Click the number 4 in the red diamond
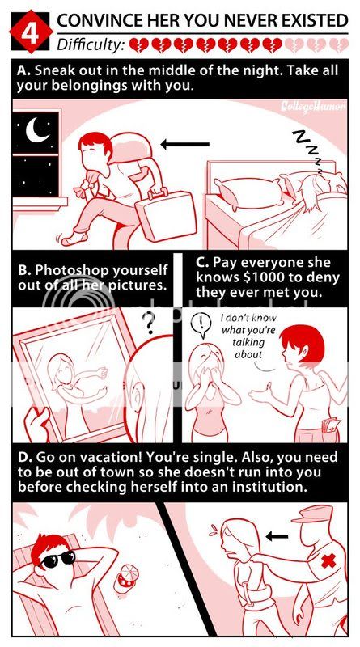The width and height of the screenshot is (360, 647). [30, 33]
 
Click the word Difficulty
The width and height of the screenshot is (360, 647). [91, 44]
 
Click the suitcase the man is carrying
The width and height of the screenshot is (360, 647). [165, 214]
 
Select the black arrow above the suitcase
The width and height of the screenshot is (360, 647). [184, 145]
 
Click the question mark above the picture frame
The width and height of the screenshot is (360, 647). [149, 323]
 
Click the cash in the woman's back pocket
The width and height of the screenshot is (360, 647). [330, 424]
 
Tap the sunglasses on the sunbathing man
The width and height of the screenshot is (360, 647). [58, 559]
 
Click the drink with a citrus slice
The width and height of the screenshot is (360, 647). [126, 578]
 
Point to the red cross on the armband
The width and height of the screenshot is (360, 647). [328, 560]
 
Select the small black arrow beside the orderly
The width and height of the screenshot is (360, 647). [277, 536]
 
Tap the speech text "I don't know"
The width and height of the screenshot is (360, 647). [248, 319]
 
